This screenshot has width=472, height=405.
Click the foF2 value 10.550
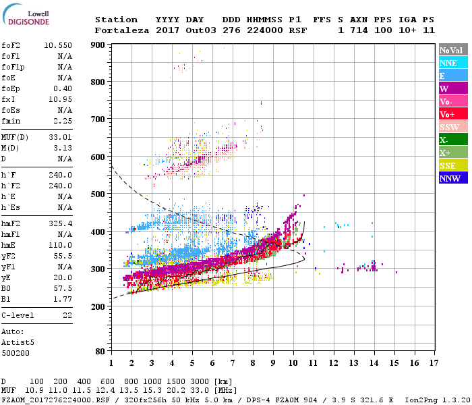58,45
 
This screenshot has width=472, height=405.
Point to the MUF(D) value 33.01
61,138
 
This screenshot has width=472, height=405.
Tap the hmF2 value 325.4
61,242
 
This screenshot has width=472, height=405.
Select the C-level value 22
67,315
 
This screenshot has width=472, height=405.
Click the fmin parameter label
11,122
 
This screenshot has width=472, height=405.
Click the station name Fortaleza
121,30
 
